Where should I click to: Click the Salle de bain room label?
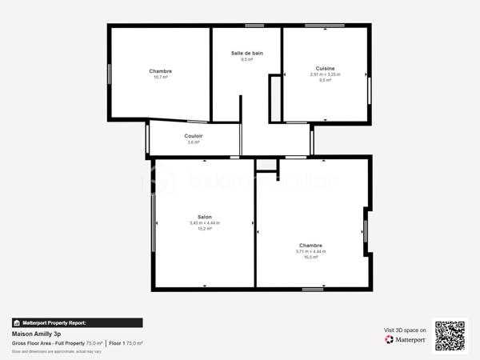pos(246,53)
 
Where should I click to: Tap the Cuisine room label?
pos(325,68)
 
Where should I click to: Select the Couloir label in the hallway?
pos(193,136)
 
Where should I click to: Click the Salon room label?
pos(204,217)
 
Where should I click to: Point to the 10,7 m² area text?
pos(160,78)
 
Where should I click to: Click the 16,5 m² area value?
pos(310,257)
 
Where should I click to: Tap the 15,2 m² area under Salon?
pos(204,228)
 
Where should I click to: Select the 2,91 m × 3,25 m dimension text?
pos(325,74)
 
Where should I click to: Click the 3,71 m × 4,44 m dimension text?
pos(310,251)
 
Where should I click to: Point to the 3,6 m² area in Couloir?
pos(193,142)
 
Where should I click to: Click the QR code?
pos(449,336)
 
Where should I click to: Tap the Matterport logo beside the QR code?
pos(405,339)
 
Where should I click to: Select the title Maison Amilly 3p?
pos(36,334)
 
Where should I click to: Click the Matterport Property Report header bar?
pos(77,323)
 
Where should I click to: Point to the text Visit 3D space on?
pos(405,329)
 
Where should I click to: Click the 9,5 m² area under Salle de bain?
pos(246,59)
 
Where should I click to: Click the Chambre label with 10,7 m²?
pos(160,71)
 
